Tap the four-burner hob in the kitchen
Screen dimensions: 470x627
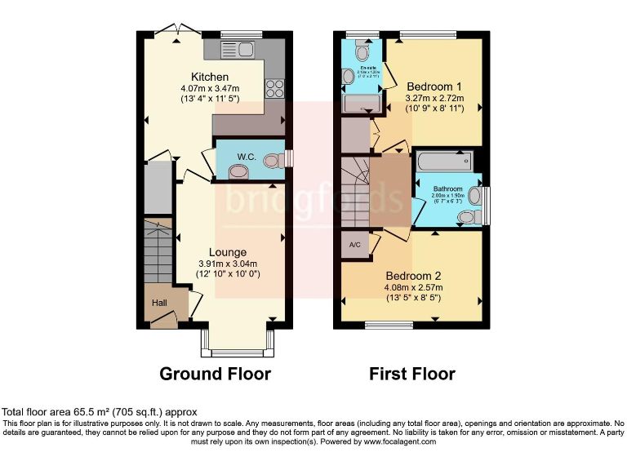click(x=274, y=86)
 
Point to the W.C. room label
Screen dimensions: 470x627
click(x=225, y=156)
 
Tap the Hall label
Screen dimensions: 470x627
click(x=159, y=303)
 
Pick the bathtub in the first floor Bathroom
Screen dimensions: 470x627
click(x=445, y=162)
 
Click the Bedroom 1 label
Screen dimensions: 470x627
click(x=434, y=86)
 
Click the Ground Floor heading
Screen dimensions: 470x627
click(x=215, y=374)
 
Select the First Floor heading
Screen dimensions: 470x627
click(x=412, y=374)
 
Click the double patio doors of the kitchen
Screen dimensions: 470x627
click(x=179, y=31)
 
